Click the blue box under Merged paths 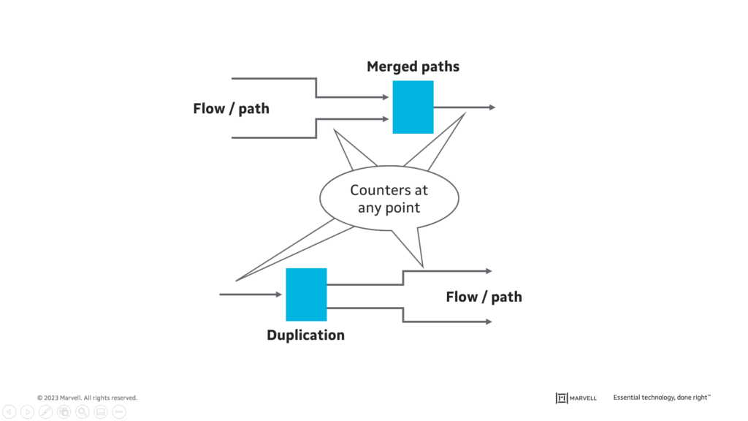coord(413,107)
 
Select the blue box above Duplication coord(306,295)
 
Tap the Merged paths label coord(413,67)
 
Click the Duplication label coord(305,335)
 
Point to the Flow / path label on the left coord(231,109)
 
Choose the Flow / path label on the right coord(484,297)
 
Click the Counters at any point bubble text coord(389,199)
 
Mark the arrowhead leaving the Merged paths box coord(492,107)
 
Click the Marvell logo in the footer coord(576,398)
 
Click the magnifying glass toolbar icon coord(83,412)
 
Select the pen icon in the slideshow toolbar coord(45,412)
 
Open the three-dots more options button coord(119,412)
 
